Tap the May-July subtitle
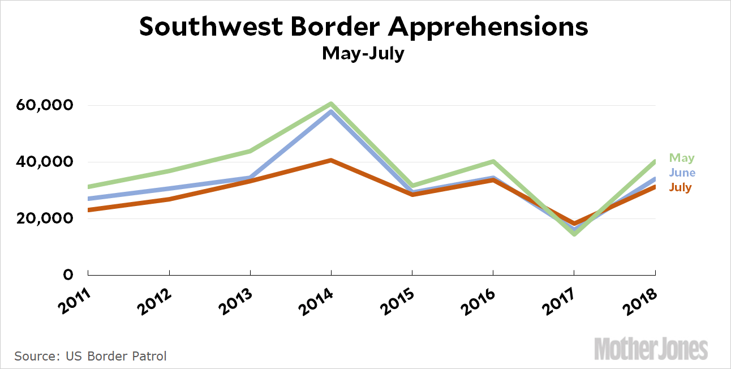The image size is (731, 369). coord(363,53)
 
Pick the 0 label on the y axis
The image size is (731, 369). coord(68,275)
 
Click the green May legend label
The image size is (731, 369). coord(682,158)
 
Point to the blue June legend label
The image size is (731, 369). coord(682,173)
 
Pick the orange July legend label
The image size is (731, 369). coord(681,187)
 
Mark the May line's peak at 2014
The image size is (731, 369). coord(331,104)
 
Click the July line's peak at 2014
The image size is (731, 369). coord(331,160)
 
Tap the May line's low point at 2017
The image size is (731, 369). coord(574,234)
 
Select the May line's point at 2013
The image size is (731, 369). coord(250,151)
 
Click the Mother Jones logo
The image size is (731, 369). coord(651,349)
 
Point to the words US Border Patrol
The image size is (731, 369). coord(116,356)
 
